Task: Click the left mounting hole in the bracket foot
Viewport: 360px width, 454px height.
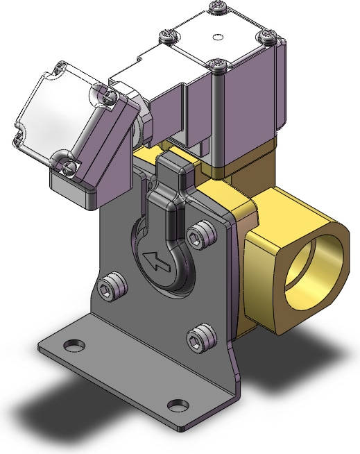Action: tap(71, 344)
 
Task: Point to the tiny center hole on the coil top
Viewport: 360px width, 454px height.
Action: tap(218, 36)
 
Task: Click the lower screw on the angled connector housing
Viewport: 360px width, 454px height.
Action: tap(68, 165)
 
